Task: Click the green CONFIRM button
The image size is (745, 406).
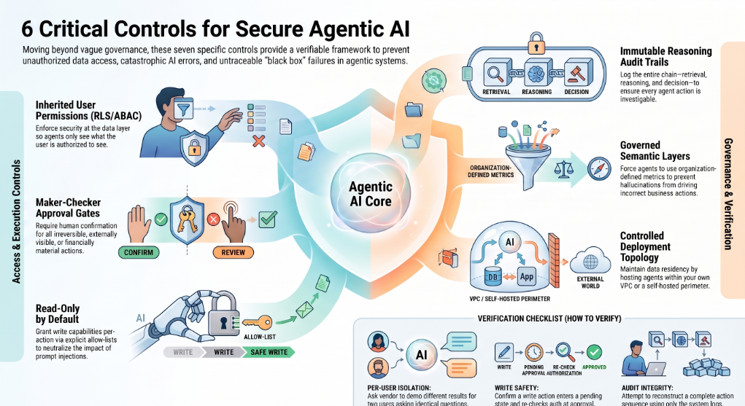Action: [139, 252]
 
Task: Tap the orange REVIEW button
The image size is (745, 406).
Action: [233, 252]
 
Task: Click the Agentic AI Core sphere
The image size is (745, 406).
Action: [371, 194]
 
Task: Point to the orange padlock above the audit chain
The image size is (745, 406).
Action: [536, 44]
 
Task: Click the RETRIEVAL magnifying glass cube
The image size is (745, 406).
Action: [497, 73]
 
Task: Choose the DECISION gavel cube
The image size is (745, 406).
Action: [578, 73]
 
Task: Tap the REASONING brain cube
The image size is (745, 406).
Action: [537, 73]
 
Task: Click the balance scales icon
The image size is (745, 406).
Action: [563, 168]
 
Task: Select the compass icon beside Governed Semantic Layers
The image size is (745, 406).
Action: [599, 168]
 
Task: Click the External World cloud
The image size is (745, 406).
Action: [590, 260]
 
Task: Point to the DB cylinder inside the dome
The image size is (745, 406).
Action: [493, 276]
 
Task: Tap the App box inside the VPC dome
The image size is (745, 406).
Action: [526, 276]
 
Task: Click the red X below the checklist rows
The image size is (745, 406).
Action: [258, 141]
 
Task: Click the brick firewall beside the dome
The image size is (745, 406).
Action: [554, 260]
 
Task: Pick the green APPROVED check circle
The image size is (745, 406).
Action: [594, 352]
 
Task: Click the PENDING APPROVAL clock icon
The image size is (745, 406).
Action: [534, 352]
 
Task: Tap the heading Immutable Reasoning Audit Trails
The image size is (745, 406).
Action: [665, 57]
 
